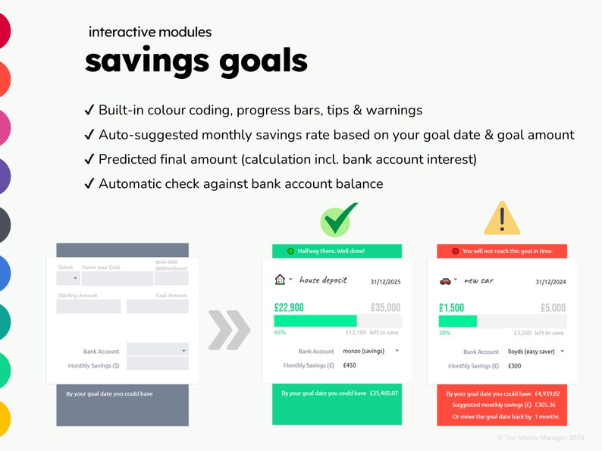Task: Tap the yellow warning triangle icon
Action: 501,218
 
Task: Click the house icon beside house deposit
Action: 279,280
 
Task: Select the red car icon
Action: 445,281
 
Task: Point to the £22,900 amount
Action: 289,308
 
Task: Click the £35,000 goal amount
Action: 385,308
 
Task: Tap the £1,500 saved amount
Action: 451,308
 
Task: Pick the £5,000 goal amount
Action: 553,308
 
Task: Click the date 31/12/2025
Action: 385,281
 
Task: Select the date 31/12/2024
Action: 550,282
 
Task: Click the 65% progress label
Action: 280,332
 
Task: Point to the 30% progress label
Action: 444,333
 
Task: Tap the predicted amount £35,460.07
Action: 384,393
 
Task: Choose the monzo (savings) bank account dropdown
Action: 371,351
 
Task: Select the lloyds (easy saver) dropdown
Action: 536,352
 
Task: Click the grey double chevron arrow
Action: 228,330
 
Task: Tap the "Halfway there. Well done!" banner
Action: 337,251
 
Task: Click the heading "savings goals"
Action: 196,61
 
